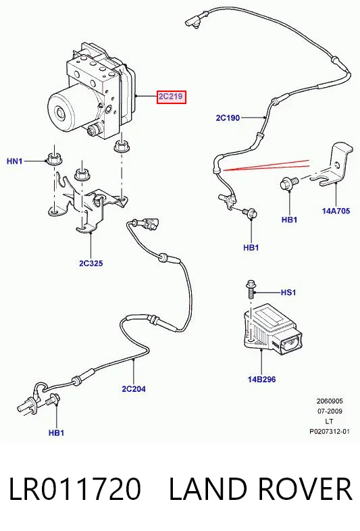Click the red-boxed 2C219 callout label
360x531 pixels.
[171, 97]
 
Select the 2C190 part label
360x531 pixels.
[228, 118]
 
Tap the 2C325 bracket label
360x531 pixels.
[91, 263]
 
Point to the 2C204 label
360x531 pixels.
[134, 388]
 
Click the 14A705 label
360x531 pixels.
[336, 211]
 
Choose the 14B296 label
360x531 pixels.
[261, 379]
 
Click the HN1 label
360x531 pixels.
[15, 161]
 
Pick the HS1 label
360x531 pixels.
[288, 293]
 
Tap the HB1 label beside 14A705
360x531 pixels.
[289, 220]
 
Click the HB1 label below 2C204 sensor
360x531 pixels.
[56, 433]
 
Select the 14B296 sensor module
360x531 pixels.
[272, 330]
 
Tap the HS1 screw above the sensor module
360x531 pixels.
[251, 289]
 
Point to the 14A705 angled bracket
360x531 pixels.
[334, 164]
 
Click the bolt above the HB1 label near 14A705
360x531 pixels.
[288, 183]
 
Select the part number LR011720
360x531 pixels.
[74, 489]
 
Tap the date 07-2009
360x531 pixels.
[330, 411]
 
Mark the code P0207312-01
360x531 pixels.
[330, 432]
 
